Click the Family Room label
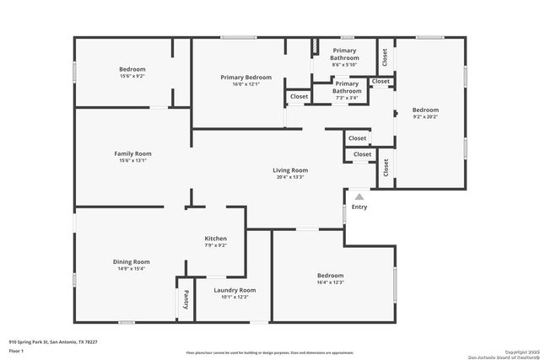pyautogui.click(x=132, y=153)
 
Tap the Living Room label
pyautogui.click(x=289, y=170)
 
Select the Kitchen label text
pyautogui.click(x=215, y=239)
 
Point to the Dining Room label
pyautogui.click(x=131, y=261)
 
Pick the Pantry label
pyautogui.click(x=186, y=299)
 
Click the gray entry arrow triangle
pyautogui.click(x=359, y=196)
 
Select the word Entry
pyautogui.click(x=359, y=207)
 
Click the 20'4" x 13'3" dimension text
pyautogui.click(x=289, y=177)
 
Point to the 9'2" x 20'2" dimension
pyautogui.click(x=425, y=116)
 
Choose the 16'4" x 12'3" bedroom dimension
pyautogui.click(x=330, y=282)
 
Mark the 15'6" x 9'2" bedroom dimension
pyautogui.click(x=132, y=76)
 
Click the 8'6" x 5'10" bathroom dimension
pyautogui.click(x=344, y=65)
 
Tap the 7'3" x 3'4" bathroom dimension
pyautogui.click(x=346, y=98)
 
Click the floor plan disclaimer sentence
pyautogui.click(x=269, y=352)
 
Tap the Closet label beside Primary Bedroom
pyautogui.click(x=300, y=97)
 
